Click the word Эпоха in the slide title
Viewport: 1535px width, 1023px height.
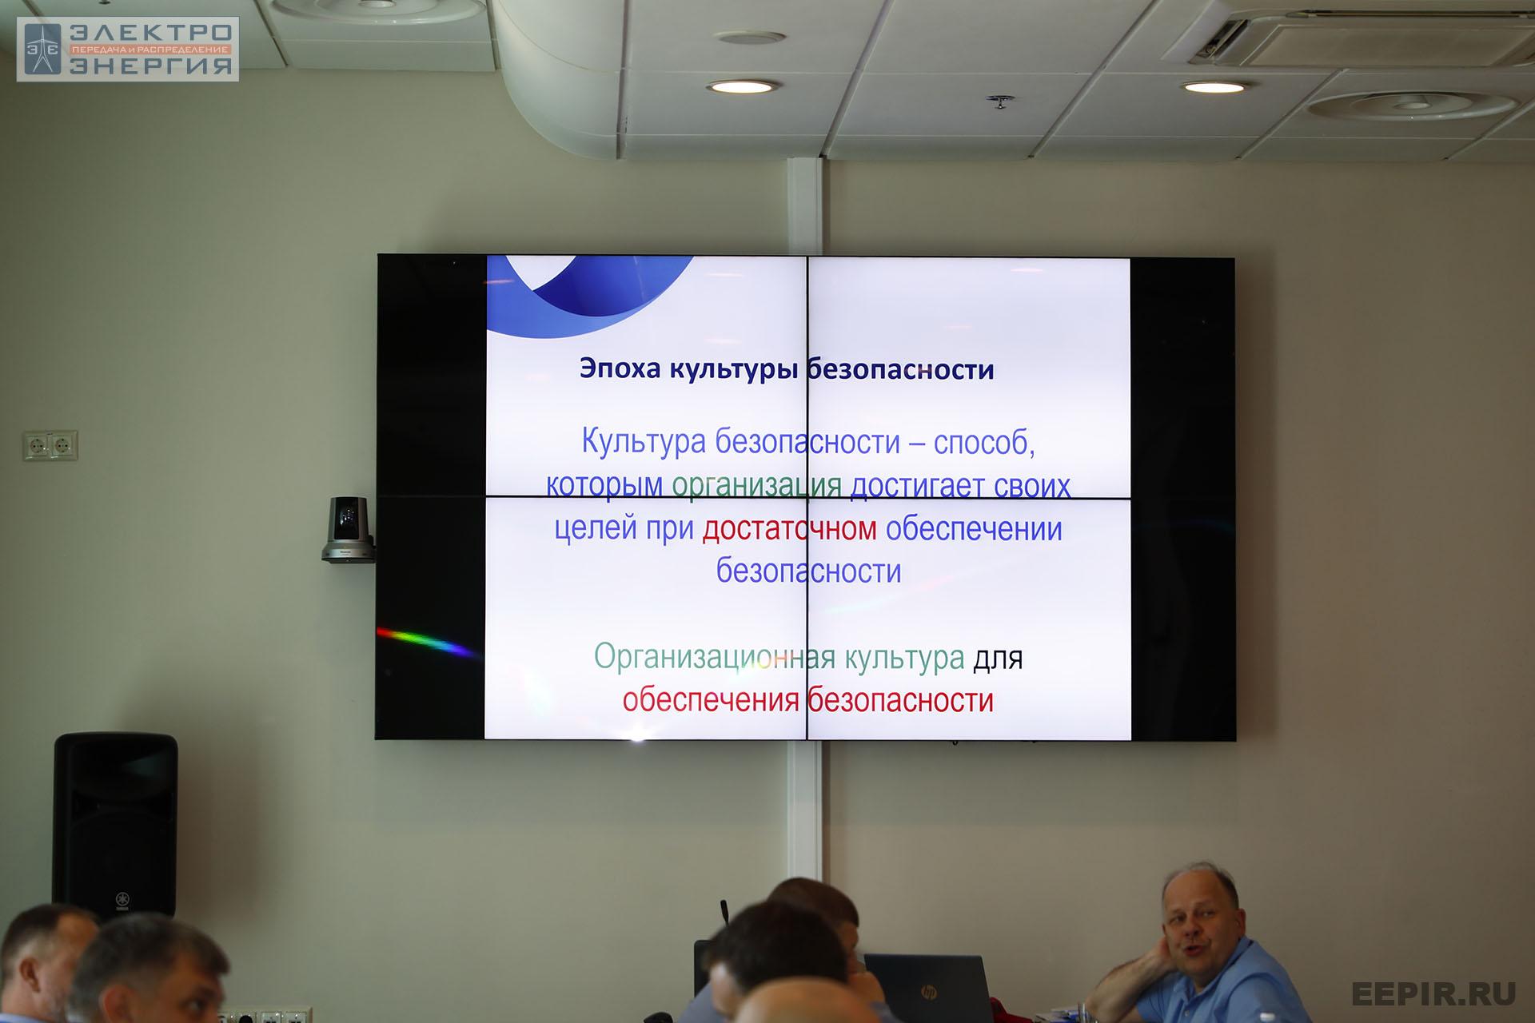point(620,369)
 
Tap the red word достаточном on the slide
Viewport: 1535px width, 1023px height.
point(790,528)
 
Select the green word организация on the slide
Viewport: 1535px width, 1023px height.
point(756,486)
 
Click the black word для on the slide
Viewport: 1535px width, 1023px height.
point(998,659)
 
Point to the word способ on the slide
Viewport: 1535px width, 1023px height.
point(984,443)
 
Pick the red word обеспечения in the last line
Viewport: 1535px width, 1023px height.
point(711,700)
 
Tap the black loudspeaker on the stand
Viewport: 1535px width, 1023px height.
point(115,824)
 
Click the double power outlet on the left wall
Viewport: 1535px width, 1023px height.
point(50,445)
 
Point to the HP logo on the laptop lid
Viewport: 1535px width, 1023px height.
point(928,992)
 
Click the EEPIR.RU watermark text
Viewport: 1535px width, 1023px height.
point(1433,993)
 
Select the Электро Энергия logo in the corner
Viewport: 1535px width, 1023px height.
point(128,50)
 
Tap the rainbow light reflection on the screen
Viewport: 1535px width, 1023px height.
point(428,643)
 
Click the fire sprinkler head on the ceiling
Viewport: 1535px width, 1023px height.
point(999,102)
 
